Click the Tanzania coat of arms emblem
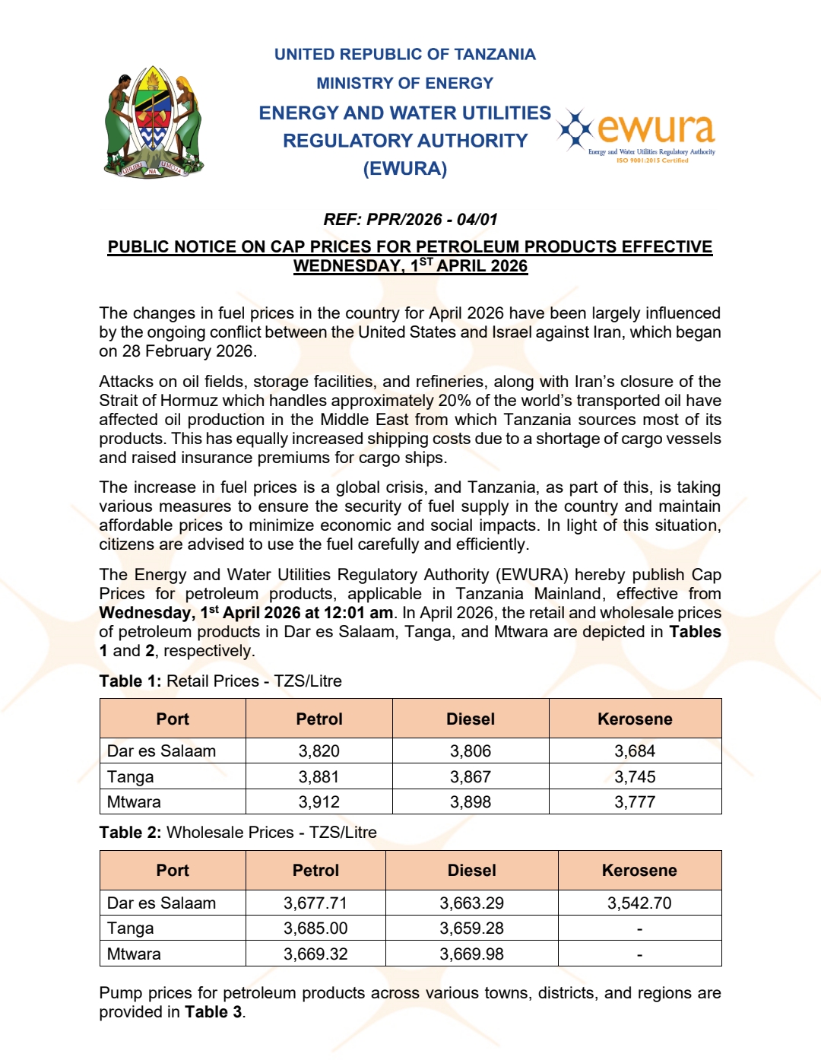coord(154,122)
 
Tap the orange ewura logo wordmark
coord(655,129)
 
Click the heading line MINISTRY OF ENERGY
coord(404,83)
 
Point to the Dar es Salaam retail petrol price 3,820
coord(319,751)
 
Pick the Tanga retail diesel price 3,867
coord(470,777)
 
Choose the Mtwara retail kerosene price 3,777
coord(635,802)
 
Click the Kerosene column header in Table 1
coord(635,719)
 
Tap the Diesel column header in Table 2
coord(471,871)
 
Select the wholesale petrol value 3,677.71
coord(315,903)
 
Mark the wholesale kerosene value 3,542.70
coord(639,903)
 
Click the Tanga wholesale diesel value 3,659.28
coord(471,928)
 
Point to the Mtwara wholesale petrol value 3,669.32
coord(315,954)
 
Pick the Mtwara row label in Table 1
coord(134,802)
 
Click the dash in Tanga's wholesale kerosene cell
coord(639,929)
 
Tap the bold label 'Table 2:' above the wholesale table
coord(130,833)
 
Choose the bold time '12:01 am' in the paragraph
coord(360,613)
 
